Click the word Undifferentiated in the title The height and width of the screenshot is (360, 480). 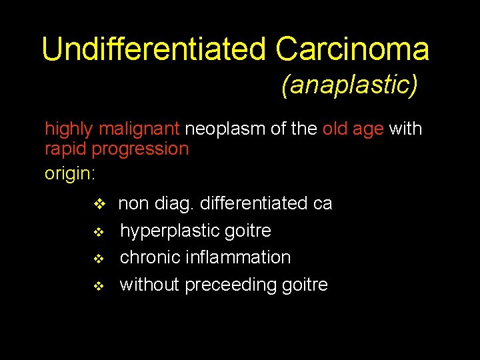[x=154, y=49]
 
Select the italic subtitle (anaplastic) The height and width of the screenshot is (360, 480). [x=349, y=85]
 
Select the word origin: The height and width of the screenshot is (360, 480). [x=70, y=174]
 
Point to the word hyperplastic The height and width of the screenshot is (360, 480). [x=171, y=231]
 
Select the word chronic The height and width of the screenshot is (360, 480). [x=150, y=257]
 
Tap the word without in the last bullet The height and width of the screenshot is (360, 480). [x=149, y=285]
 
